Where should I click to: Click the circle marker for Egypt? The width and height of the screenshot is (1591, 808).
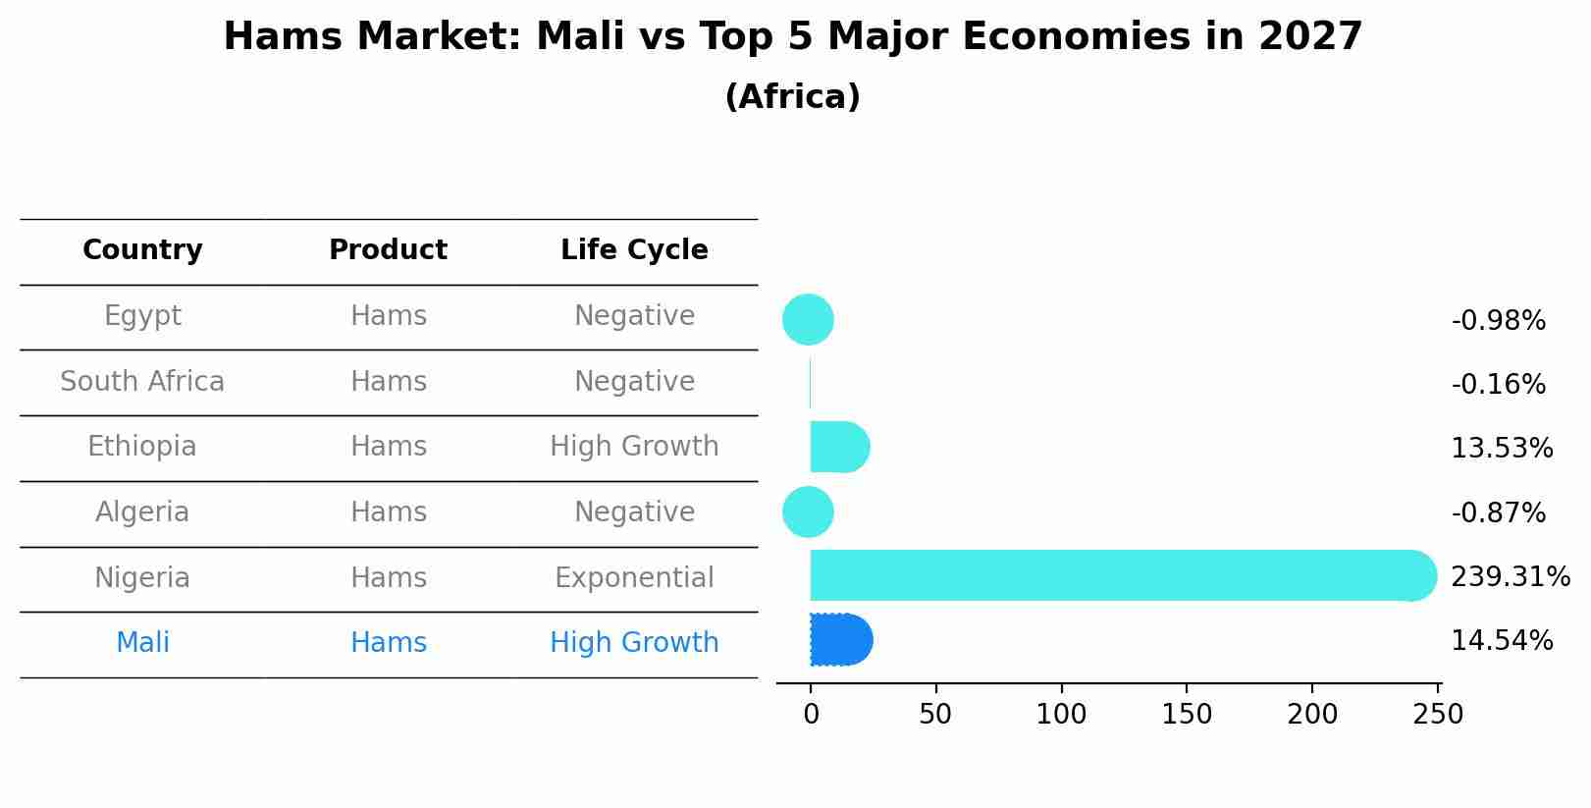click(x=808, y=320)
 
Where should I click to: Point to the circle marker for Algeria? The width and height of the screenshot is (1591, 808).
click(x=808, y=512)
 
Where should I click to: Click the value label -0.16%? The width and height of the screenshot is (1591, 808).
click(x=1498, y=385)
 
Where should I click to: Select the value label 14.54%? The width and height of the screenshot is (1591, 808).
click(x=1502, y=641)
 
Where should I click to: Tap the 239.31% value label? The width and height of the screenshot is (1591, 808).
click(x=1510, y=576)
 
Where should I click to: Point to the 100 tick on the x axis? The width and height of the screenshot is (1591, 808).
click(x=1061, y=715)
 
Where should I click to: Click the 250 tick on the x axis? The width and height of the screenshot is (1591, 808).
click(x=1438, y=715)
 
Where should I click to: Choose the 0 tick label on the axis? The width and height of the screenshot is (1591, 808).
click(x=811, y=715)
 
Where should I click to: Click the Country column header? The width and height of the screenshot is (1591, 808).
click(x=142, y=250)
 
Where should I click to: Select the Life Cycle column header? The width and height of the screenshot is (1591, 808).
click(x=634, y=250)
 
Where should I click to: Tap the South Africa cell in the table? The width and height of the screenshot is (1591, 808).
click(x=142, y=382)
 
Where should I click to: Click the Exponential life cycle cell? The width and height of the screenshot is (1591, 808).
click(x=634, y=578)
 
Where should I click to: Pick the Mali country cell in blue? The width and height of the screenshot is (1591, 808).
click(x=142, y=643)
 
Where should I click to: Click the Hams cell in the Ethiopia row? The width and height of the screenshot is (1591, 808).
click(x=389, y=447)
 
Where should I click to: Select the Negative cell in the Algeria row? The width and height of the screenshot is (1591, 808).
click(x=634, y=512)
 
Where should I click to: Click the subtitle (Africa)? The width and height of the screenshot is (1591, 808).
click(x=792, y=97)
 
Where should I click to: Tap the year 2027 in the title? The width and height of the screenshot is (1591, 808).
click(x=1310, y=37)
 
